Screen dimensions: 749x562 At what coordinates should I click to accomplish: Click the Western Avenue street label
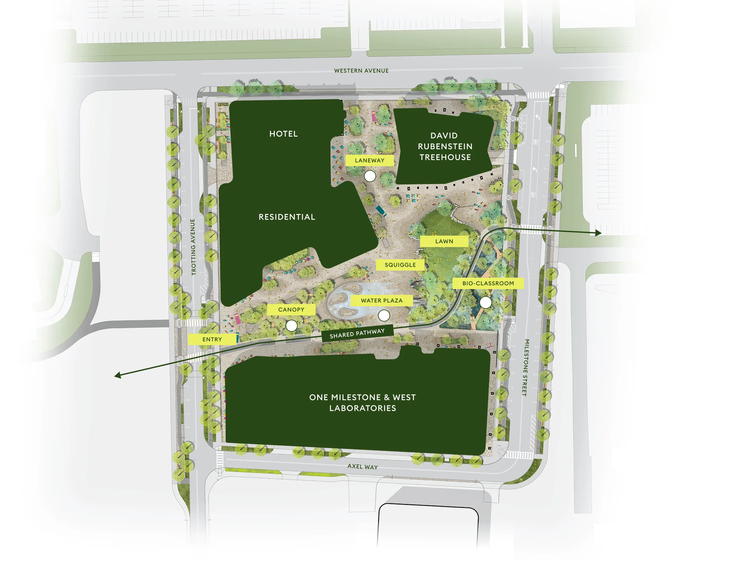coord(361,71)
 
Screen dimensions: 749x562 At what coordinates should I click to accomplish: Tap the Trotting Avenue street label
coord(193,247)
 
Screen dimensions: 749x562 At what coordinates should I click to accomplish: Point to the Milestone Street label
coord(525,367)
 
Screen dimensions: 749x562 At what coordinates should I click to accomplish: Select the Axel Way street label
coord(362,466)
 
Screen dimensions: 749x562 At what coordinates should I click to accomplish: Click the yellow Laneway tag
coord(369,160)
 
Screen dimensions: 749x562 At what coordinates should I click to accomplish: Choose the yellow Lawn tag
coord(444,241)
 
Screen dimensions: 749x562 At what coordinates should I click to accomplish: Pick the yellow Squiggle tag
coord(400,265)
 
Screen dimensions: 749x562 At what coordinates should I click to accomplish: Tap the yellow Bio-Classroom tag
coord(488,283)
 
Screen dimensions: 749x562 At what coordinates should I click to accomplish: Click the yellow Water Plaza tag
coord(382,301)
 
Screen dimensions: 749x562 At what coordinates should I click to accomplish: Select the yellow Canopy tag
coord(291,309)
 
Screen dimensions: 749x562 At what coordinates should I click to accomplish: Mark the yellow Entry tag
coord(212,339)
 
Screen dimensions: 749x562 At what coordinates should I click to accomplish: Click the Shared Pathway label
coord(357,333)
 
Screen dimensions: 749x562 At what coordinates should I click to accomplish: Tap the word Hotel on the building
coord(284,134)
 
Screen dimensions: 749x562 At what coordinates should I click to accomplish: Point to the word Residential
coord(287,217)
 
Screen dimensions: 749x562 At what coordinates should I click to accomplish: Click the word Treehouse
coord(445,157)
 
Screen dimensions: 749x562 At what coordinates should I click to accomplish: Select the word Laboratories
coord(363,408)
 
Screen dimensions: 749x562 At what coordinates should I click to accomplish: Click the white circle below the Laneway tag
coord(370,176)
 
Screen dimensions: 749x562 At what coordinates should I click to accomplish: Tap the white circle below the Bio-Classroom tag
coord(485,302)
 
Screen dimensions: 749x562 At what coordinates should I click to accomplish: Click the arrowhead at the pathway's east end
coord(599,233)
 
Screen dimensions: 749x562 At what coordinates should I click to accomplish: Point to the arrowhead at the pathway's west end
coord(118,375)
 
